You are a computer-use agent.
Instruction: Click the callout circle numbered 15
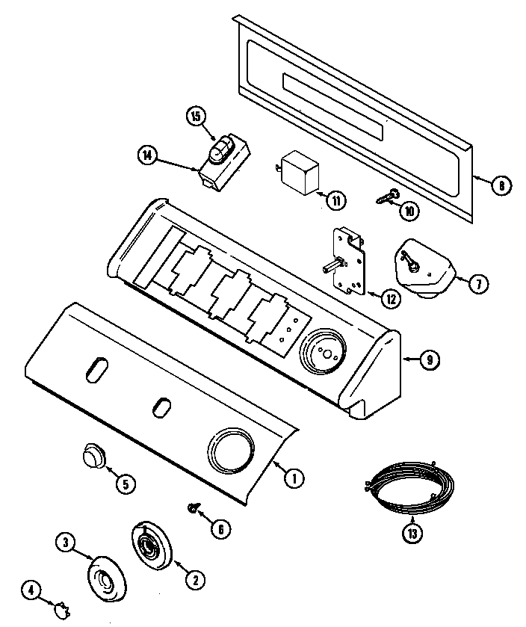click(196, 117)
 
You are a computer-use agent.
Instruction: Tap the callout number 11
click(336, 200)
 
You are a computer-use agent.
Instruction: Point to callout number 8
click(501, 184)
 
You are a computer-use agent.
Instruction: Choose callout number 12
click(390, 298)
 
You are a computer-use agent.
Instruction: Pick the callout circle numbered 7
click(479, 282)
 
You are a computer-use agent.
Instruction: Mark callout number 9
click(429, 360)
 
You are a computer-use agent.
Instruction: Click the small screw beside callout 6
click(192, 508)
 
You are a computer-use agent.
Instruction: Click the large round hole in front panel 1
click(230, 452)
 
